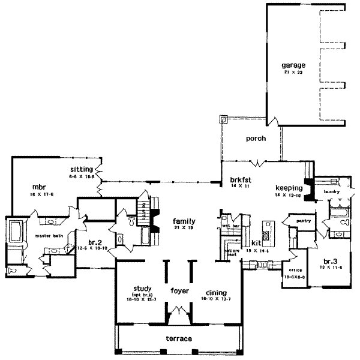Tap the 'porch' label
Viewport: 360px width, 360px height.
click(256, 138)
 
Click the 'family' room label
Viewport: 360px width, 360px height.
click(182, 221)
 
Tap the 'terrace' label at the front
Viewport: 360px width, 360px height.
click(179, 339)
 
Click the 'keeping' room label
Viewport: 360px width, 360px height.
click(288, 187)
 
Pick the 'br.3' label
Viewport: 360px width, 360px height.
click(329, 262)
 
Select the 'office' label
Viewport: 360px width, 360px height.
click(295, 270)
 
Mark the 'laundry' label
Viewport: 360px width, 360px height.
click(331, 192)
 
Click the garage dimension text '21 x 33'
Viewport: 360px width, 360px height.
click(294, 71)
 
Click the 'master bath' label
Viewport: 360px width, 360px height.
click(50, 236)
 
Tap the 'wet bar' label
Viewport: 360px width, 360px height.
click(232, 226)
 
